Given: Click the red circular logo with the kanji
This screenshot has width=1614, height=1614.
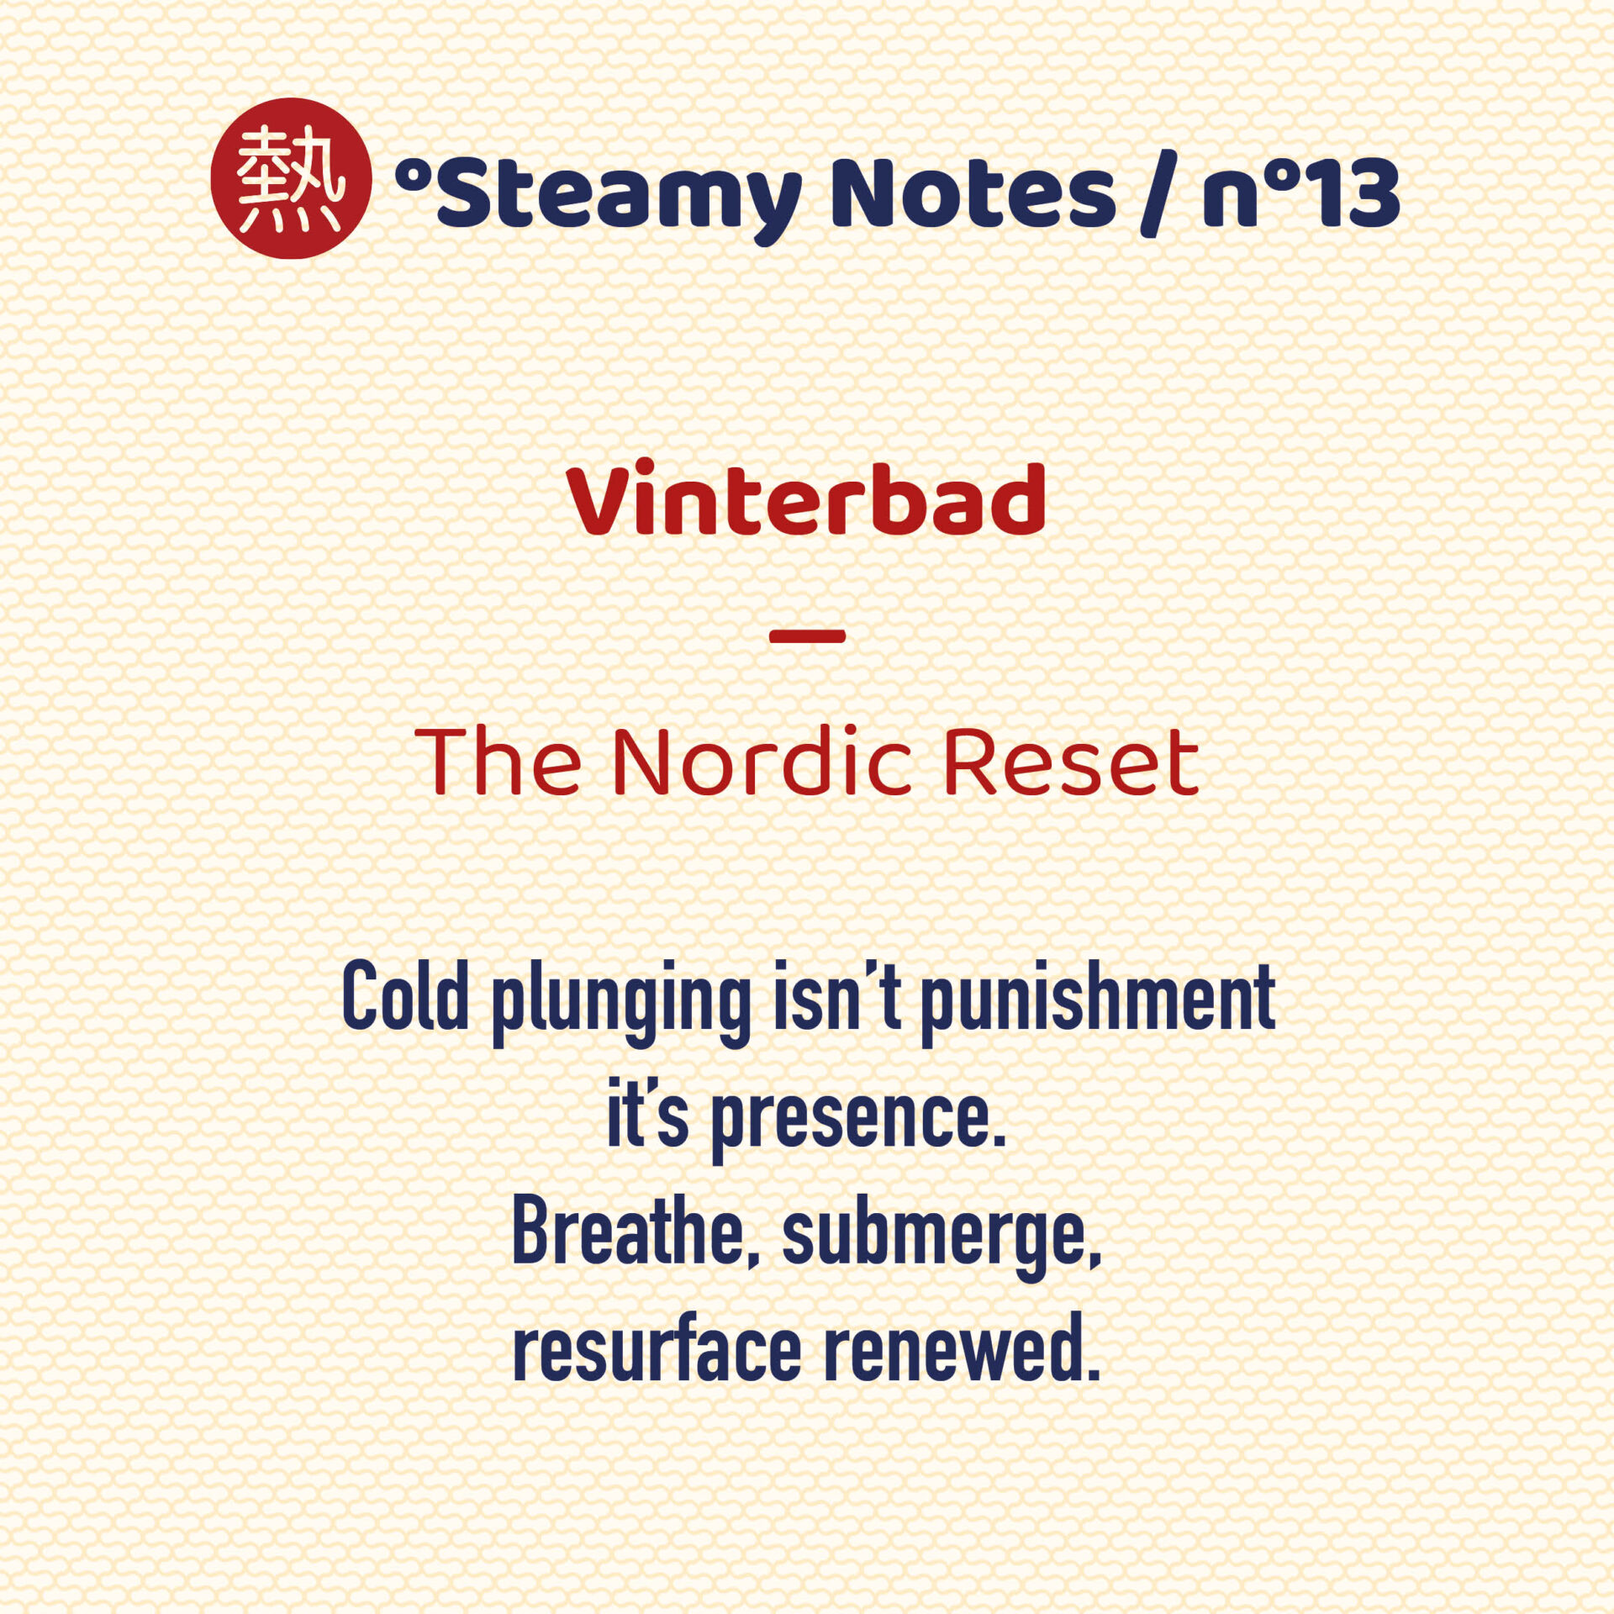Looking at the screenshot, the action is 291,178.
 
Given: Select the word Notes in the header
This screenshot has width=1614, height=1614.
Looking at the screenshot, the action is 973,193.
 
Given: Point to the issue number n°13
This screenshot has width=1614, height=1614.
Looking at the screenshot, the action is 1301,193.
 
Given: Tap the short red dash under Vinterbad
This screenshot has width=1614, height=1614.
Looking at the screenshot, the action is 807,636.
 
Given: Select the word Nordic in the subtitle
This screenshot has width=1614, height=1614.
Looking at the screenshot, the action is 762,761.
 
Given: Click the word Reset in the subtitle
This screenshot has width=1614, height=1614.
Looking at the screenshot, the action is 1071,761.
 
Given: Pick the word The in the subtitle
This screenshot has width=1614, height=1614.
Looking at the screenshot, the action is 498,761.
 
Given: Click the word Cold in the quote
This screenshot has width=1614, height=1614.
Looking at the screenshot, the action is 405,996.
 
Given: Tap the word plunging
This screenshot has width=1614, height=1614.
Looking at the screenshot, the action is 621,1004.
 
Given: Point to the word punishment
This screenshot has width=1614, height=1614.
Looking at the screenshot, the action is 1099,1004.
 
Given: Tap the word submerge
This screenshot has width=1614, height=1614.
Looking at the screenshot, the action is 941,1239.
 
